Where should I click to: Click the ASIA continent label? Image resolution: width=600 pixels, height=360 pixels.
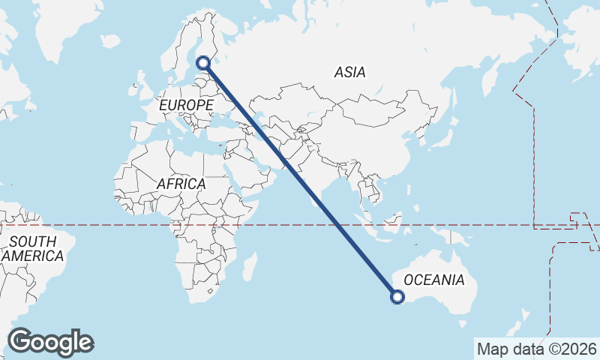(350, 73)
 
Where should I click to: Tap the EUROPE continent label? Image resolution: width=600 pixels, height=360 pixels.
(186, 106)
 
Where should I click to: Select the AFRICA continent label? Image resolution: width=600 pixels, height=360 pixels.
(181, 184)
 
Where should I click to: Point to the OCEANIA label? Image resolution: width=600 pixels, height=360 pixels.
(434, 280)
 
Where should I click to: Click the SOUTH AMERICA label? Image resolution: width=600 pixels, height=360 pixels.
(33, 249)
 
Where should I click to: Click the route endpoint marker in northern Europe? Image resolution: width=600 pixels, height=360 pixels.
(203, 64)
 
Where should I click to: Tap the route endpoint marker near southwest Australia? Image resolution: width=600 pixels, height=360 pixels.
(397, 297)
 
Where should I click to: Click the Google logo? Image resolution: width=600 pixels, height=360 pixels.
(51, 342)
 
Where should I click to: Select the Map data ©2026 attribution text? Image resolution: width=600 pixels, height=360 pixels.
(537, 349)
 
